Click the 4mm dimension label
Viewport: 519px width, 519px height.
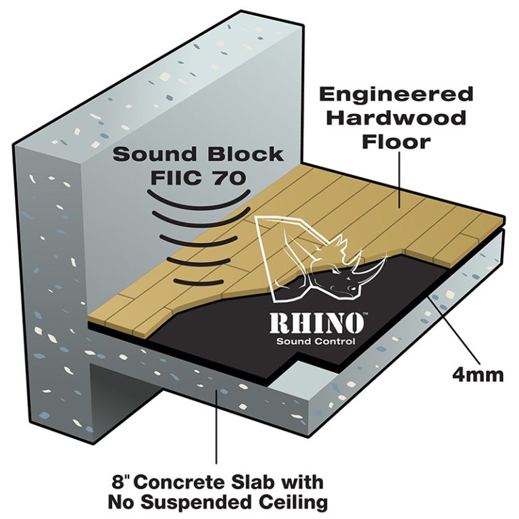tap(479, 374)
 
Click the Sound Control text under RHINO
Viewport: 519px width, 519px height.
tap(316, 341)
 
